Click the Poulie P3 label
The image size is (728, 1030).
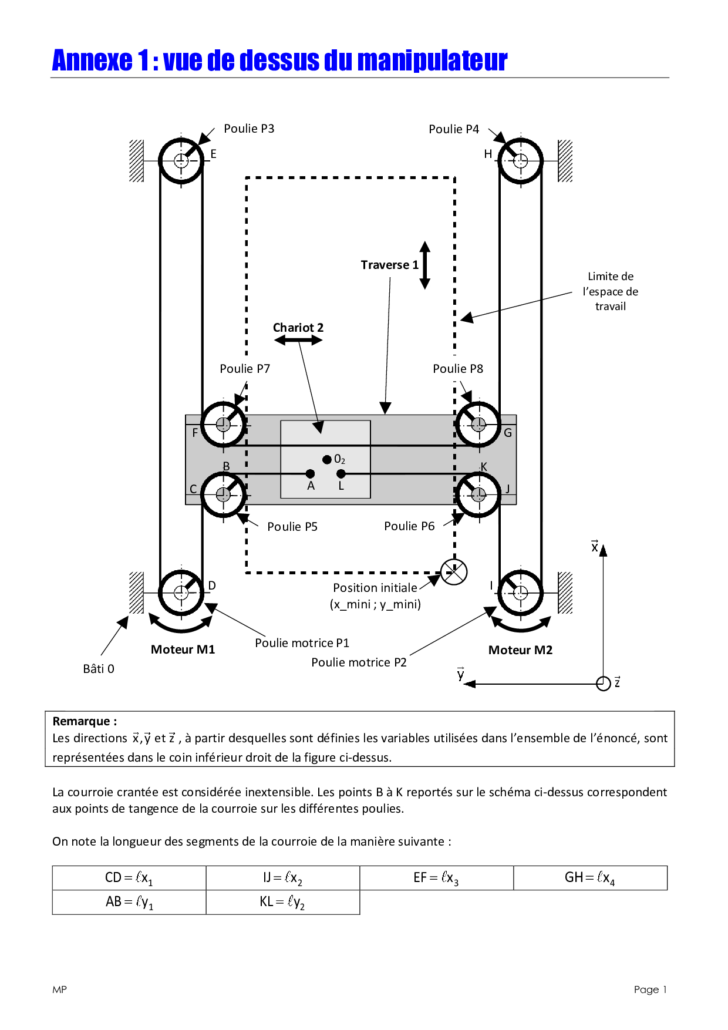249,129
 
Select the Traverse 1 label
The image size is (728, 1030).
390,265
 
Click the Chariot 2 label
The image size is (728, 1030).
298,328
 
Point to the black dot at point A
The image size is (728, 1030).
310,473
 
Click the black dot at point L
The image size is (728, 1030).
341,473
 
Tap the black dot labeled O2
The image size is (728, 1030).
327,459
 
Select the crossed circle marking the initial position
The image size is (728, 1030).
454,572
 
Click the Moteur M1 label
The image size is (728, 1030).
183,649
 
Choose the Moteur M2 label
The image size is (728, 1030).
521,650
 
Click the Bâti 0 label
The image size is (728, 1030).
99,669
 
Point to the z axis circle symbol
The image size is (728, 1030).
603,684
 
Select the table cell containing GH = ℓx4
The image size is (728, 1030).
591,878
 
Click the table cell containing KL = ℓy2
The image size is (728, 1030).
283,902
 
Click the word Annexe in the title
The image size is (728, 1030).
93,60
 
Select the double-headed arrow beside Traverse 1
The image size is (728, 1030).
425,265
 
